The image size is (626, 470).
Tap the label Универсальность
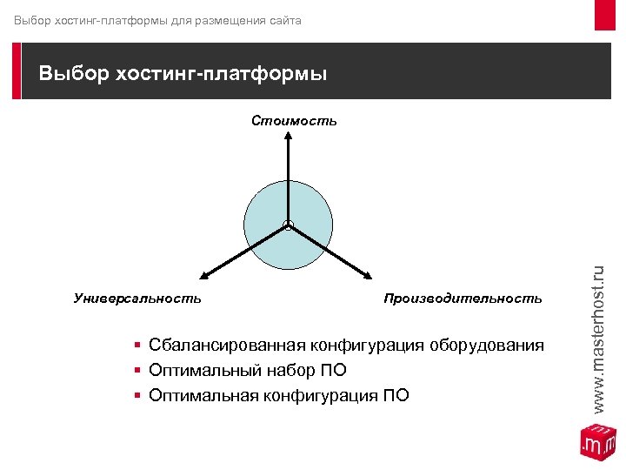tap(137, 299)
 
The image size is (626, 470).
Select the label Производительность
tap(463, 299)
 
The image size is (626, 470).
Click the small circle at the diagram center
tap(288, 226)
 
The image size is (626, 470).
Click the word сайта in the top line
tap(283, 19)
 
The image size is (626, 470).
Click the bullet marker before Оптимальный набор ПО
tap(138, 372)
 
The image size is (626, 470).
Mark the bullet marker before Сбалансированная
tap(138, 346)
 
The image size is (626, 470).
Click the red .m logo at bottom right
tap(597, 442)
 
